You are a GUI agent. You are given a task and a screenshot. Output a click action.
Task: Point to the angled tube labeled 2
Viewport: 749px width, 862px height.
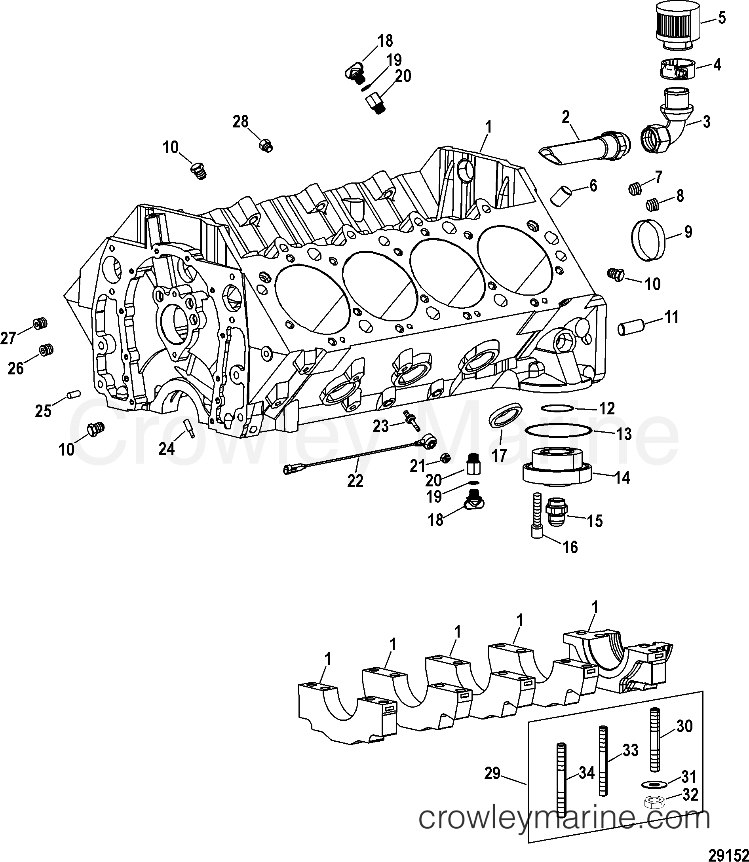[585, 148]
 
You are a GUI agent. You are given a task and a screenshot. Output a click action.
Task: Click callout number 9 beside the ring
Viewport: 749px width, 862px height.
[688, 232]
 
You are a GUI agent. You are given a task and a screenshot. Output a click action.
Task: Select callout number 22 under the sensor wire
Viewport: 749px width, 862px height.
[355, 481]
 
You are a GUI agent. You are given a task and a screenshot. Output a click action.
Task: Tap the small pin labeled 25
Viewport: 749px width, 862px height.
[74, 394]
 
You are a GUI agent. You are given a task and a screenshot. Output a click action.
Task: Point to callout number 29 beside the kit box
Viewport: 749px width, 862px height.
[492, 773]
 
